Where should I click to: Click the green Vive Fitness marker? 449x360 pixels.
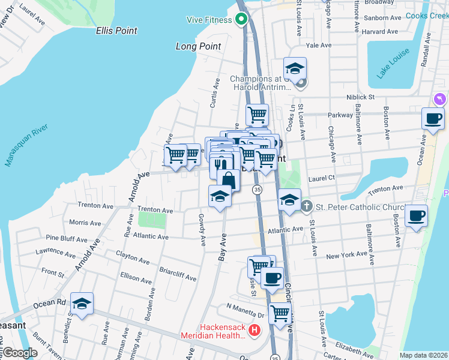[241, 19]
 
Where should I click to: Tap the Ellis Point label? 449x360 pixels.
[116, 31]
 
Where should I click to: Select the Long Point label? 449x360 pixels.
[198, 46]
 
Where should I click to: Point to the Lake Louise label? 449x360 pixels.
[393, 63]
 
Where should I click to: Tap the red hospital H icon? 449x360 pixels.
[255, 330]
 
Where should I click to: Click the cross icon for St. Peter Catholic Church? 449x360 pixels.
[307, 207]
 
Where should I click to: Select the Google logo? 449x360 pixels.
[19, 353]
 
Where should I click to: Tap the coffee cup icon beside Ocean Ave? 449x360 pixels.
[433, 118]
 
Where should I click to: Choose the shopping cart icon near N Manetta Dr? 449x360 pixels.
[280, 313]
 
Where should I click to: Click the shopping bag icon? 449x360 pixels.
[229, 179]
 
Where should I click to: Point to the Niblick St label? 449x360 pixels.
[360, 96]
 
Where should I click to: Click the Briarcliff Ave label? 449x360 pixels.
[178, 274]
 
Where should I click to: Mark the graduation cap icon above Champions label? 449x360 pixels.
[295, 68]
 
